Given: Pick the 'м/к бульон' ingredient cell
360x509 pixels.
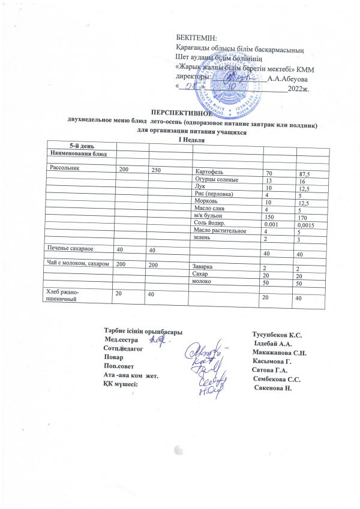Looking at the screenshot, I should (x=207, y=216).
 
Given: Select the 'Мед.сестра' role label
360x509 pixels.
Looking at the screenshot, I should (x=122, y=340).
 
